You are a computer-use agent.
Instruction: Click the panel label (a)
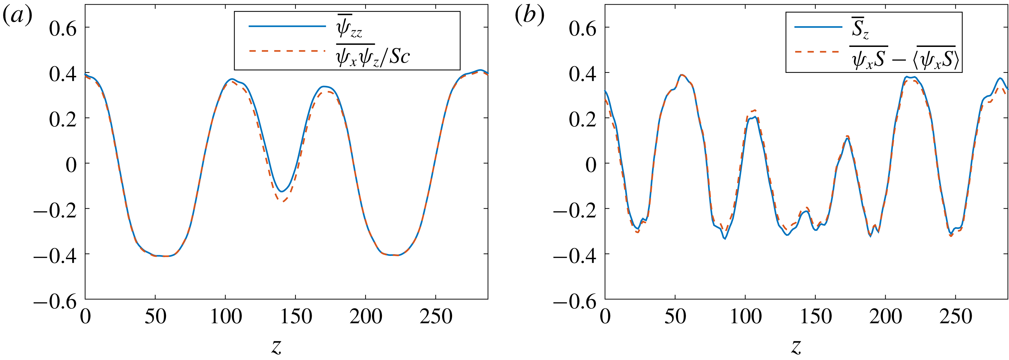17,16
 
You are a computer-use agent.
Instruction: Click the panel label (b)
529,16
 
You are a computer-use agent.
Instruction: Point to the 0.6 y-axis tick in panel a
63,28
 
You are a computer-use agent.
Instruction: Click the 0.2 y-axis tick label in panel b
583,119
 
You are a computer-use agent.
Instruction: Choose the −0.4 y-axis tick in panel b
575,256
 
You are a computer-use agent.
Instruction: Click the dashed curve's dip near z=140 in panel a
282,201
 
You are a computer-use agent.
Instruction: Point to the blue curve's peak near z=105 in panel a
232,79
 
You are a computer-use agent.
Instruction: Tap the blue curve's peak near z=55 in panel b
682,75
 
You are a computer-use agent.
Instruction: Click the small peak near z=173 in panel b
847,137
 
